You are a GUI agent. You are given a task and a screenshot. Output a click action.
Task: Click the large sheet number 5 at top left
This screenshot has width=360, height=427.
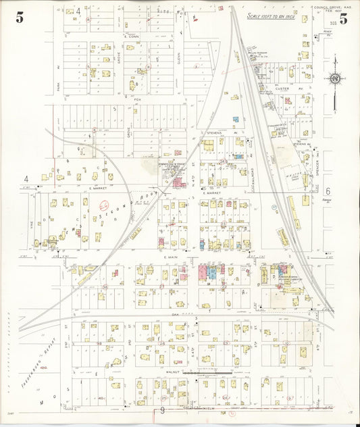coord(20,18)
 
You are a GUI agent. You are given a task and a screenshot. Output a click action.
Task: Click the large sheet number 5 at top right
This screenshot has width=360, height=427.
coord(344,19)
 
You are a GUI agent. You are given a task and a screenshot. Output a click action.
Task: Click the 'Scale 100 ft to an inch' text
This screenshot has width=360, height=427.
coord(271,15)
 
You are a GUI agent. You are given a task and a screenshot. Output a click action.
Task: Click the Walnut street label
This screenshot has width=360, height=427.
coord(155,370)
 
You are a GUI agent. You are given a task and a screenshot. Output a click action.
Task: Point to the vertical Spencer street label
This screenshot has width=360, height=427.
coord(317,162)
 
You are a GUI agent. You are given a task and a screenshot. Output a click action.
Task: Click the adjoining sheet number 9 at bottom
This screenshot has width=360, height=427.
coord(163,410)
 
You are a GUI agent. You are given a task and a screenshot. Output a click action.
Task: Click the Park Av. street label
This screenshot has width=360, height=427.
coord(59,68)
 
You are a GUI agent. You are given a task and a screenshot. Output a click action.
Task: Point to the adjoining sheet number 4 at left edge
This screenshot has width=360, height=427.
coord(26,178)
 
